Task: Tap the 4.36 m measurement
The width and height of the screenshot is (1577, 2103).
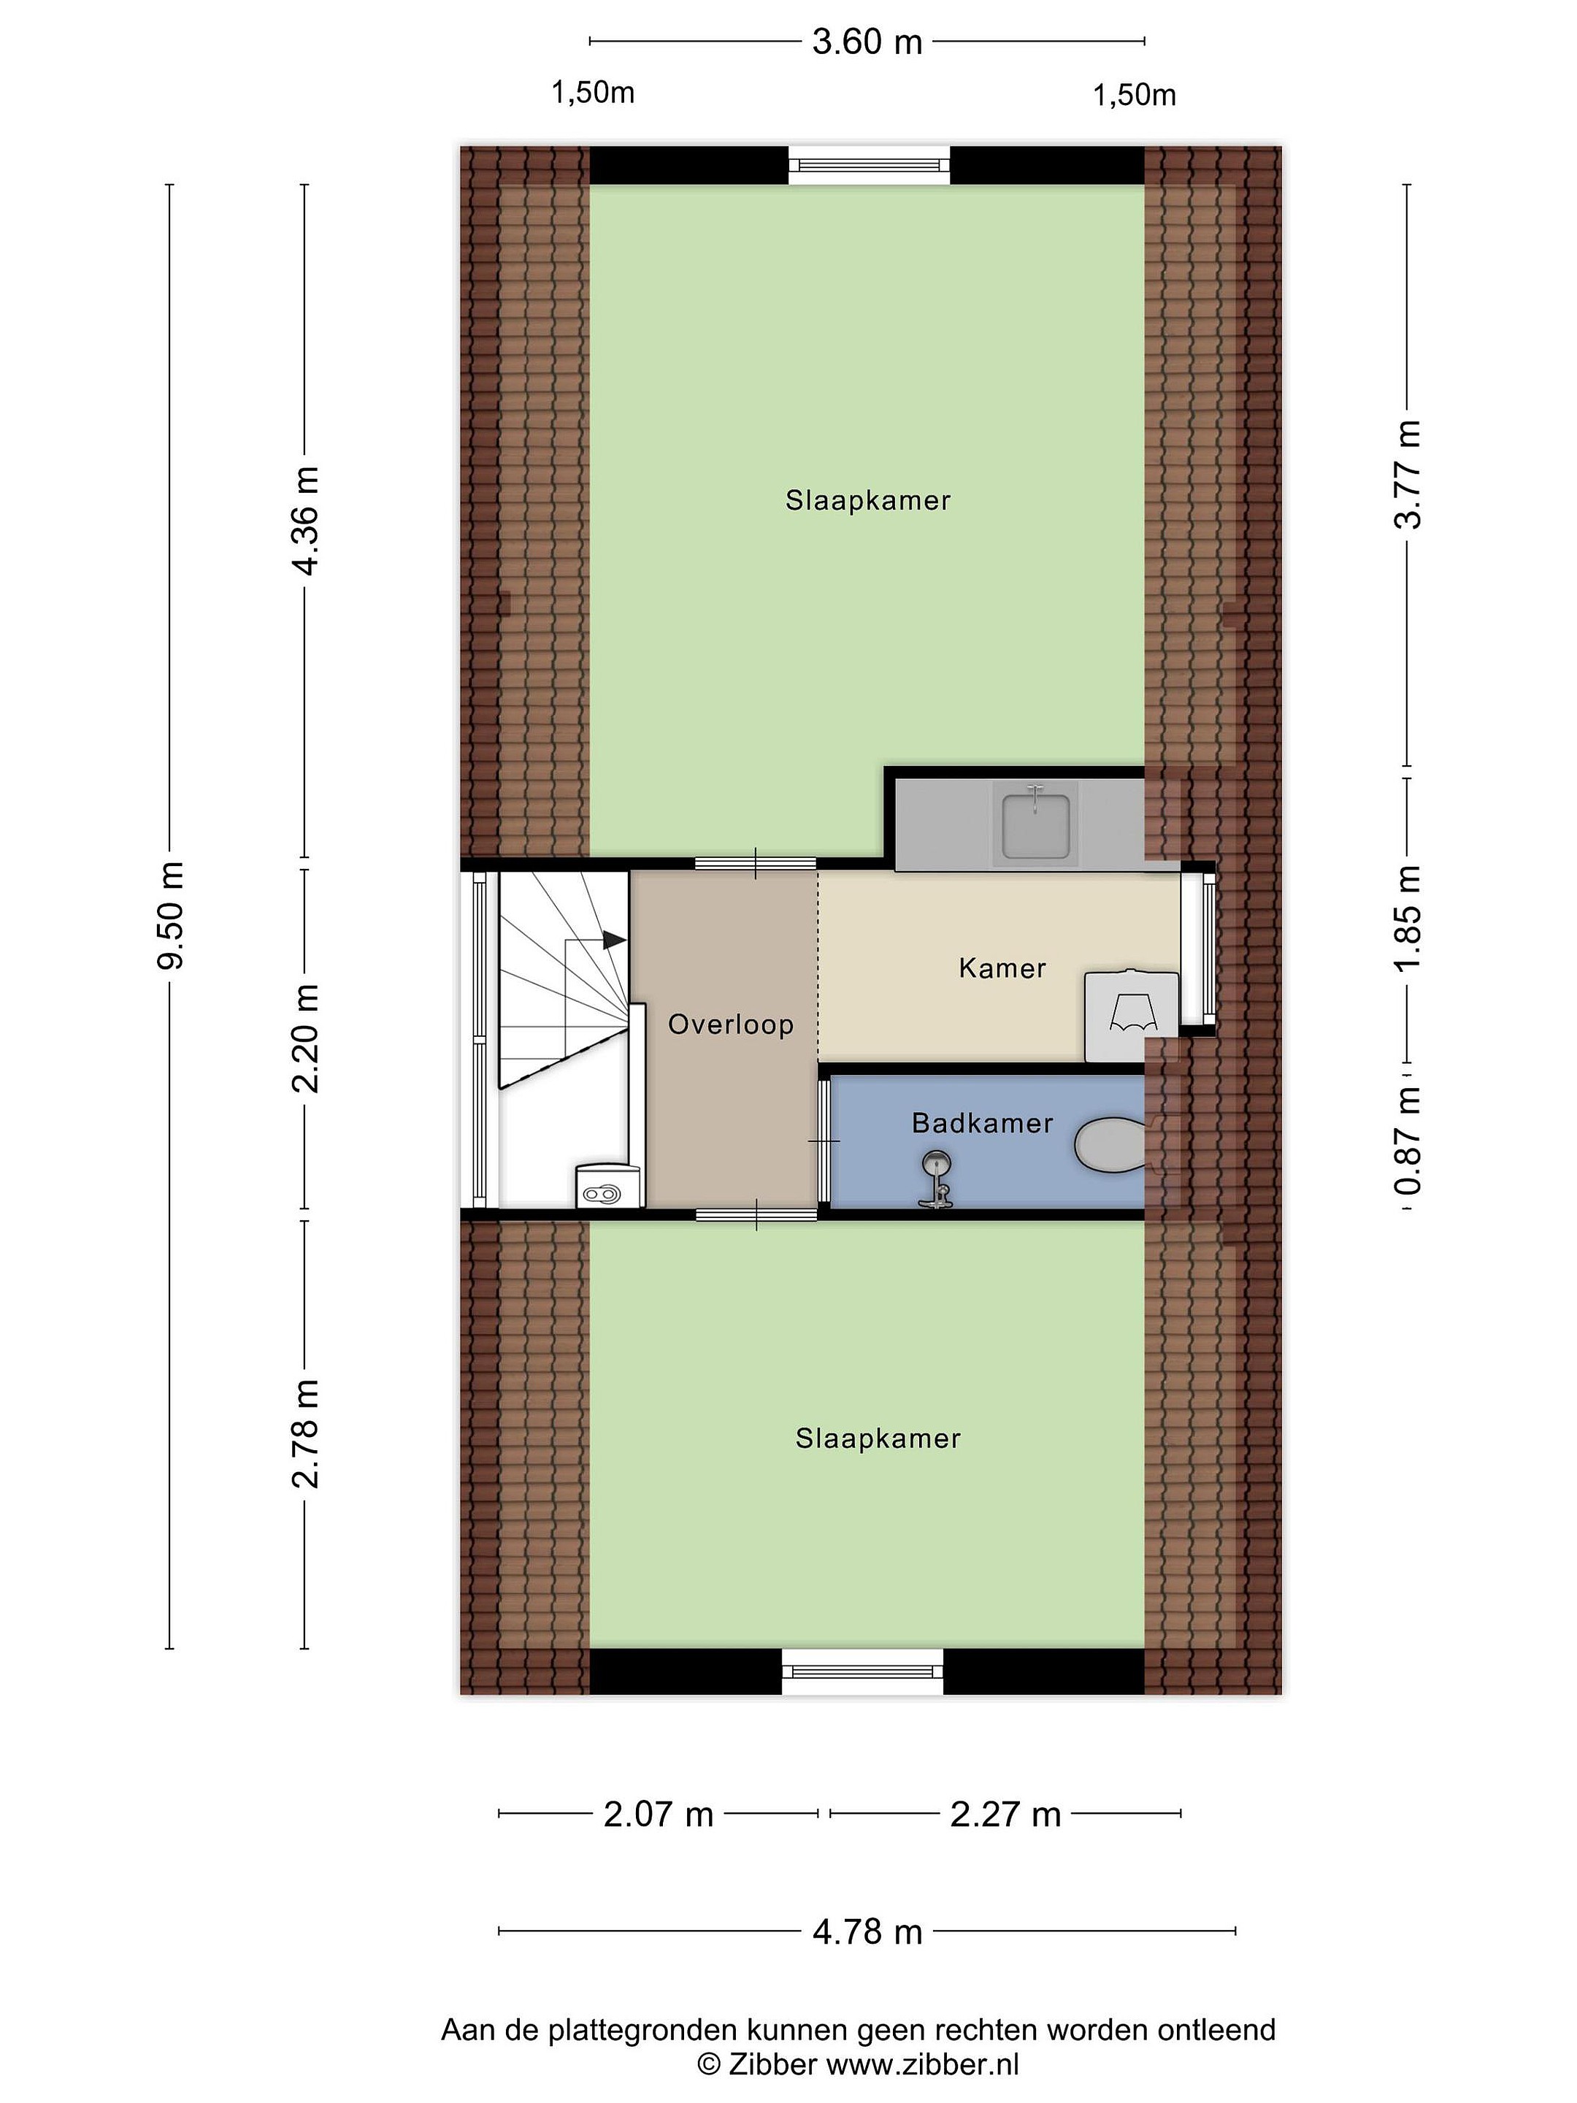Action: click(306, 521)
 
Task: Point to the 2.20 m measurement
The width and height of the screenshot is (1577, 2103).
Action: click(306, 1038)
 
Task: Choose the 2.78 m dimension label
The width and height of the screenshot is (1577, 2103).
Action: click(306, 1433)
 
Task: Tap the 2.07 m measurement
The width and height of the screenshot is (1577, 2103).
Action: click(659, 1815)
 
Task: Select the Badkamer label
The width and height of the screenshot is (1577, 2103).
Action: click(983, 1123)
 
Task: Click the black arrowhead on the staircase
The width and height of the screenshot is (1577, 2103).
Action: click(614, 939)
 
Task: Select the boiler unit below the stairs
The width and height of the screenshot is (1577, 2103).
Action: click(602, 1187)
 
